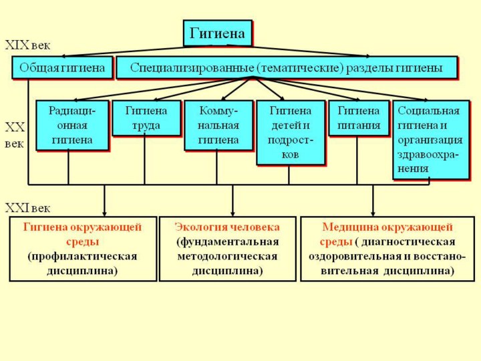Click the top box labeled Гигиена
tap(218, 33)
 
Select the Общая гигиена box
tap(62, 68)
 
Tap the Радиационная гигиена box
tap(71, 125)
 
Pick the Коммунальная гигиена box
tap(218, 125)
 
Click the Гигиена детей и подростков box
tap(290, 132)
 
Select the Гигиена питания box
tap(359, 118)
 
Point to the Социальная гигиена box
tap(430, 140)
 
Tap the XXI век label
tap(27, 208)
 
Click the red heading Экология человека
tap(227, 227)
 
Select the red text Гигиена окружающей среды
tap(82, 234)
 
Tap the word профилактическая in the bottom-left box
tap(82, 256)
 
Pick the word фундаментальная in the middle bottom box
tap(228, 241)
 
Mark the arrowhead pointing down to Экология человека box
tap(232, 211)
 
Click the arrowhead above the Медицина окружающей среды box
tap(373, 211)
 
